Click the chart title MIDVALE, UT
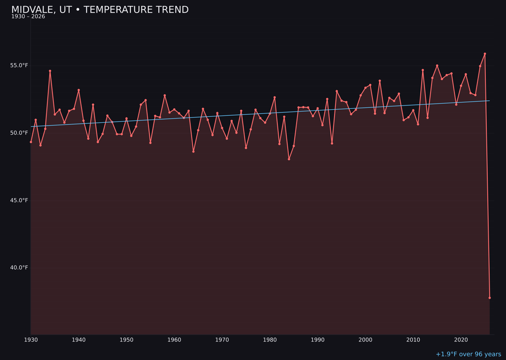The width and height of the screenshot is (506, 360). (x=100, y=10)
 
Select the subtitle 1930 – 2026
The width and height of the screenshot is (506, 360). (x=28, y=17)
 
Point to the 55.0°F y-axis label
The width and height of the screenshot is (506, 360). (x=19, y=65)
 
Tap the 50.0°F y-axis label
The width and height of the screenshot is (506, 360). (x=19, y=133)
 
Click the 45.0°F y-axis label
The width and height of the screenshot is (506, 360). (x=19, y=200)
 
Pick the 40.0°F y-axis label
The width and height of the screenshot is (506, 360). (x=19, y=268)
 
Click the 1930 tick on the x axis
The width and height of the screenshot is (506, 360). (x=31, y=339)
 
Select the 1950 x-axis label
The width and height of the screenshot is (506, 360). (x=126, y=339)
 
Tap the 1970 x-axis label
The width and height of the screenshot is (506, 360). (x=222, y=339)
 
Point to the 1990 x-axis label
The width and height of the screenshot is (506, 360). (x=318, y=339)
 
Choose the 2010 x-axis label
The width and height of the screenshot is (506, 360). (x=413, y=339)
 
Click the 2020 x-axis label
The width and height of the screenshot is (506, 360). (x=461, y=339)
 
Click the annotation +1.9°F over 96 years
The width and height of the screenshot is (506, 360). (x=468, y=354)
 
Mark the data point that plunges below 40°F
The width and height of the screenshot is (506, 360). (x=490, y=298)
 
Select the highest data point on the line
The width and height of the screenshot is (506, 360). (x=485, y=54)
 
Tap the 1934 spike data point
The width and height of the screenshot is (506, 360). (x=50, y=71)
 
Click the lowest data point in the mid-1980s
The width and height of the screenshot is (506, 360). (x=289, y=159)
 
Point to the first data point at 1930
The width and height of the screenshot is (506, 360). (x=31, y=142)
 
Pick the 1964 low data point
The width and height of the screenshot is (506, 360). (x=193, y=151)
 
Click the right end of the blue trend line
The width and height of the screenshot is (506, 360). (x=490, y=101)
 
